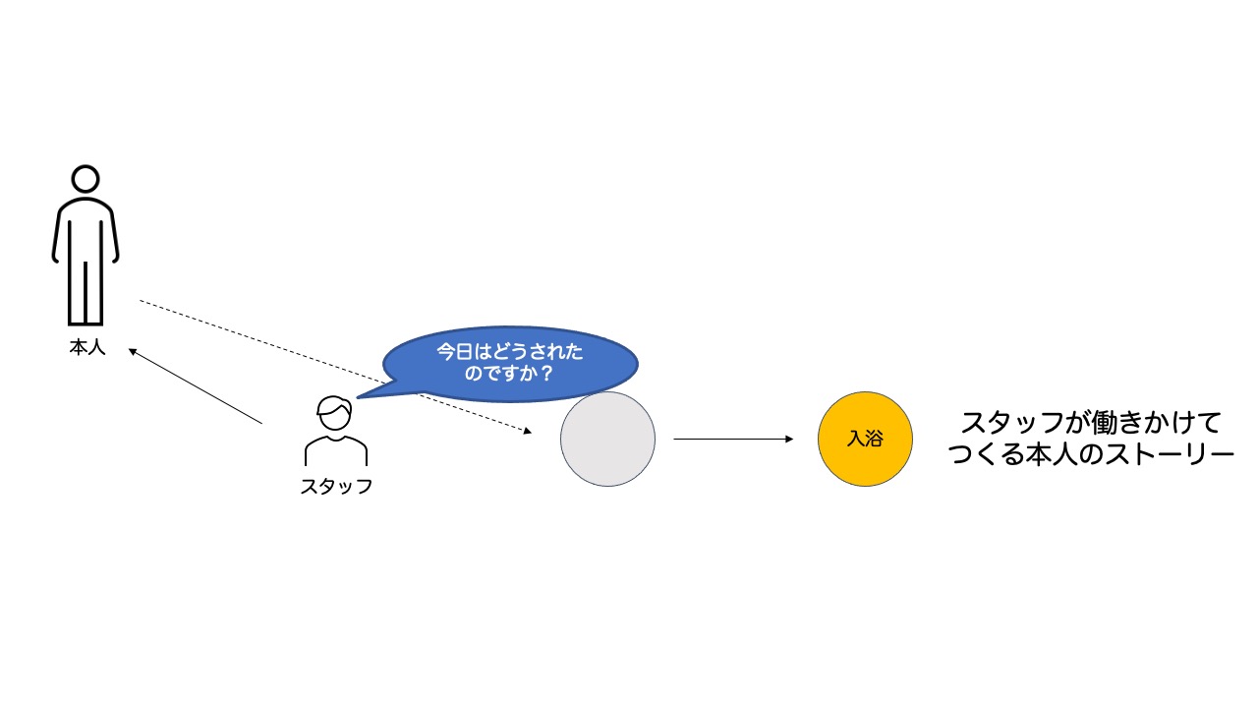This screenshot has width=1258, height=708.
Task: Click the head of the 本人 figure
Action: (x=86, y=179)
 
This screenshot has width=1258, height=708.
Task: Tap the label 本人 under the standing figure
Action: (x=87, y=347)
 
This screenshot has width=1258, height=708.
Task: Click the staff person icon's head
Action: (x=335, y=413)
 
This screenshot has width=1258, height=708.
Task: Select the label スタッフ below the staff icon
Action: (x=336, y=486)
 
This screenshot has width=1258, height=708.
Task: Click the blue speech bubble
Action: (x=509, y=364)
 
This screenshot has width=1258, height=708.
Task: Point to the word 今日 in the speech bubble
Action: (x=455, y=352)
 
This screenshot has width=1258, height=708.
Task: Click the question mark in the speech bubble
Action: (x=545, y=373)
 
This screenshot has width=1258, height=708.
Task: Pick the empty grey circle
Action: (x=607, y=439)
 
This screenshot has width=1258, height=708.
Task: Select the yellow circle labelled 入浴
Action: (x=865, y=439)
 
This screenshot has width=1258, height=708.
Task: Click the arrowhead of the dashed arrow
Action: (x=528, y=431)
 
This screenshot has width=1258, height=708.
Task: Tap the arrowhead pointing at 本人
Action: (x=133, y=352)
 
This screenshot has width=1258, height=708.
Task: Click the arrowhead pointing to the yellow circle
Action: (x=789, y=439)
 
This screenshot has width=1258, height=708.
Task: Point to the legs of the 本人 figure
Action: (x=86, y=292)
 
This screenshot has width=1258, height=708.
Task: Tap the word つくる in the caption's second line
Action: (x=986, y=454)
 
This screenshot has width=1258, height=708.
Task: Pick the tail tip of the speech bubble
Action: (x=358, y=397)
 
